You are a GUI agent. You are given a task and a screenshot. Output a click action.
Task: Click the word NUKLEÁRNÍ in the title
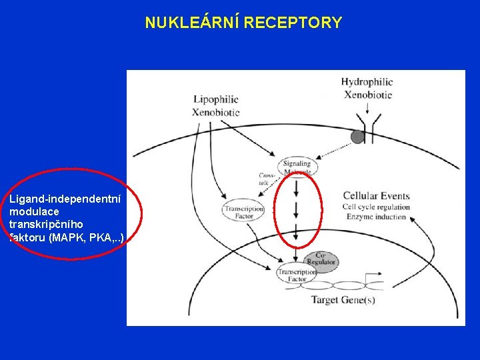pos(193,23)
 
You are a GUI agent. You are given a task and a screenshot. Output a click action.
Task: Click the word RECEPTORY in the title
pos(293,23)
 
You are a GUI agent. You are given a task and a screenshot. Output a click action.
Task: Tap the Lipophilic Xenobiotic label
pos(215,106)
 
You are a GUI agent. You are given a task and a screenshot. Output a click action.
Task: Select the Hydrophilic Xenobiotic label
pos(367,88)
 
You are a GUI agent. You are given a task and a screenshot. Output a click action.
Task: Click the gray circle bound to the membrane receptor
pos(357,137)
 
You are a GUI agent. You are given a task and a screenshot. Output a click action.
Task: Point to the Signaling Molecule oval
pos(296,167)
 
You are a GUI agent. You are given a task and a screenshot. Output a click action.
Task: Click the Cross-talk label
pos(267,178)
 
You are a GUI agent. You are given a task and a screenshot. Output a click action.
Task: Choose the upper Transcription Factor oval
pos(243,212)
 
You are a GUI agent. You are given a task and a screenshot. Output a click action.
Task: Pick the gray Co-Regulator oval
pos(321,259)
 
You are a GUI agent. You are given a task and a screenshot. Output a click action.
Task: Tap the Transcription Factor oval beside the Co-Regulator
pos(297,275)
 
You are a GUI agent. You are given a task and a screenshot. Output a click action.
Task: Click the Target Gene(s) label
pos(343,301)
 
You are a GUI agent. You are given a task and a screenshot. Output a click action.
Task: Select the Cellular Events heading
pos(376,196)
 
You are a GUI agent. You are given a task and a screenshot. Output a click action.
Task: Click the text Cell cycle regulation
pos(376,207)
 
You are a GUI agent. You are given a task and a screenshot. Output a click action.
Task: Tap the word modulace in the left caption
pos(34,211)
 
